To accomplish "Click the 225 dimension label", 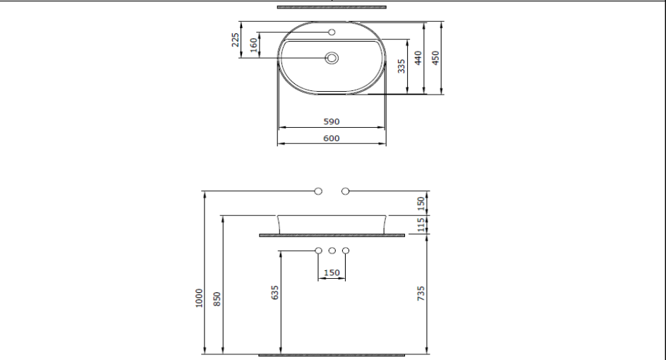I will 236,40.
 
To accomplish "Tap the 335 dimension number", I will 401,66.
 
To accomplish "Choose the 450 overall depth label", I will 435,58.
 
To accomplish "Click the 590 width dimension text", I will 332,121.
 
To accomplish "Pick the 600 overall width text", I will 332,138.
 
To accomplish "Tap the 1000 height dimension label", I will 200,299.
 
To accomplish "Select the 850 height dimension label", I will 218,299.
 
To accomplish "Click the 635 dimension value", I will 276,292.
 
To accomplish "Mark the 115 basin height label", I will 421,224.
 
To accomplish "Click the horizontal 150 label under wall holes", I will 332,272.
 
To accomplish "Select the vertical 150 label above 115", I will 421,203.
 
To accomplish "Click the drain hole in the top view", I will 332,59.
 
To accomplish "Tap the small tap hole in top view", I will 332,32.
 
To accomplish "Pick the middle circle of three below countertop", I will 332,250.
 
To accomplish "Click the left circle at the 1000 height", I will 318,191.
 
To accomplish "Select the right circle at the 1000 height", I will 345,191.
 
